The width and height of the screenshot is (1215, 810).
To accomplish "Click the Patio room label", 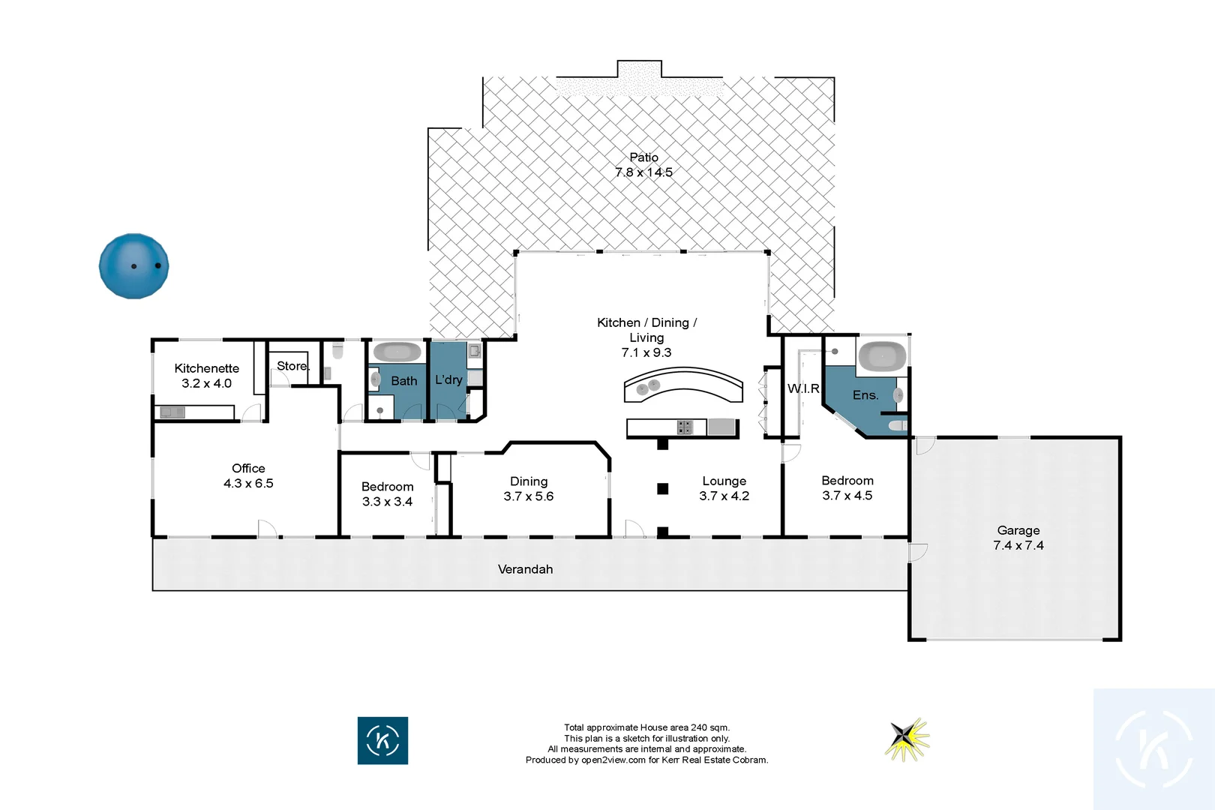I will (x=643, y=157).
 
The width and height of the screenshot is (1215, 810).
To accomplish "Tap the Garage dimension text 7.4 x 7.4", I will (x=1018, y=545).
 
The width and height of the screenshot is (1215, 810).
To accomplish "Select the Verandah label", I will (x=525, y=569).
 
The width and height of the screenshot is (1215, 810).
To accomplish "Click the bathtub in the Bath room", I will (x=397, y=352).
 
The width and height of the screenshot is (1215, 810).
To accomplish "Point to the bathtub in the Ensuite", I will (x=882, y=355).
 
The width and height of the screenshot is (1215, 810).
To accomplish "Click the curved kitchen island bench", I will (x=683, y=384).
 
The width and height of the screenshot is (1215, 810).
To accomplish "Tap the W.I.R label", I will (x=802, y=388).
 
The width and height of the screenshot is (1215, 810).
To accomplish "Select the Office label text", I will (x=248, y=468).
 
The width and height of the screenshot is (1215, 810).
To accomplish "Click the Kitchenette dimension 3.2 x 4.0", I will (x=206, y=383).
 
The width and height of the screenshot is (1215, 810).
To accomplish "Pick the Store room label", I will (x=292, y=366).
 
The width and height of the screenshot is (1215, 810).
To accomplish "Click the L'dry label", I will (x=448, y=379).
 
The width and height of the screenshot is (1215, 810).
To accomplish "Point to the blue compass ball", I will (x=133, y=266).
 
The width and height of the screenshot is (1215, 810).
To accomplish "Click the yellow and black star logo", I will (x=907, y=739).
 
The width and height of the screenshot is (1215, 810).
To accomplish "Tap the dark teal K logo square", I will (x=382, y=740).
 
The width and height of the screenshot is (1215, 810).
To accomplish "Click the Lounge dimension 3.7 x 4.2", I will (x=724, y=496).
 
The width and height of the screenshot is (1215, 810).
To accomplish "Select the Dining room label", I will (x=529, y=481).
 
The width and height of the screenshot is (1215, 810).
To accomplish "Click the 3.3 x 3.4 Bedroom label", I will (x=387, y=494).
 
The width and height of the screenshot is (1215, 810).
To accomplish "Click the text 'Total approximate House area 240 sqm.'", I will (x=646, y=727).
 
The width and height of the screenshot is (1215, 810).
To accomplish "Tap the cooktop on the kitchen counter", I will (x=684, y=427).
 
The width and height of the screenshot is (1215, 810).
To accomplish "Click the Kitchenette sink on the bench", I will (x=172, y=412).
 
